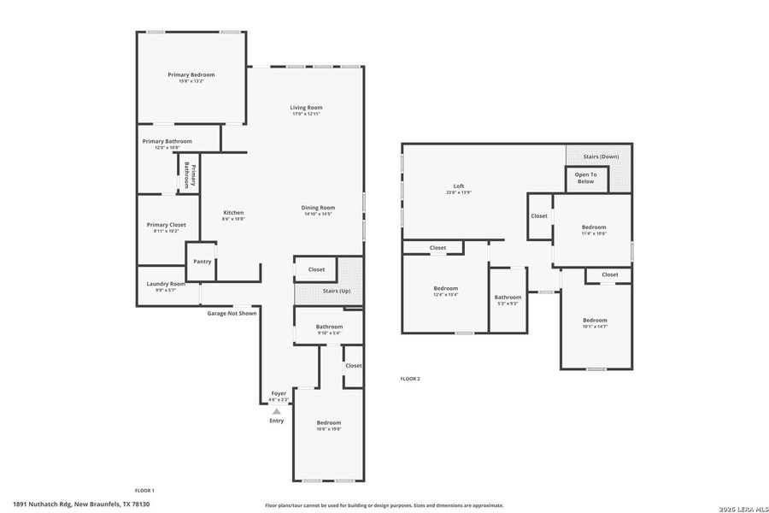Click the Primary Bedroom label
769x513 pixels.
click(191, 75)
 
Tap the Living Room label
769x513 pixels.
click(306, 108)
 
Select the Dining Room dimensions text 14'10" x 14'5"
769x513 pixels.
click(318, 214)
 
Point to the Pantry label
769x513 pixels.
click(203, 262)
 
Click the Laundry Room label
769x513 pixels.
click(166, 284)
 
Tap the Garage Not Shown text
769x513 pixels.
click(232, 313)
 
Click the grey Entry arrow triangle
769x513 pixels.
click(276, 411)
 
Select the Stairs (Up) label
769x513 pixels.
click(337, 292)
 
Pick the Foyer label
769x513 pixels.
click(279, 393)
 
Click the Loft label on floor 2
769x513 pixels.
click(459, 186)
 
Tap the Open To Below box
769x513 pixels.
click(585, 178)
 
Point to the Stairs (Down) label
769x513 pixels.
click(601, 157)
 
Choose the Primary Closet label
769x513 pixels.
click(166, 225)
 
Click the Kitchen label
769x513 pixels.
click(233, 213)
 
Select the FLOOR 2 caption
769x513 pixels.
click(410, 378)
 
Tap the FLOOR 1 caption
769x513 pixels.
click(144, 490)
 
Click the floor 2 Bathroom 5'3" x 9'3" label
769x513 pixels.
click(508, 298)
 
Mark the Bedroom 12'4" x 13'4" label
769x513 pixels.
click(445, 288)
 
